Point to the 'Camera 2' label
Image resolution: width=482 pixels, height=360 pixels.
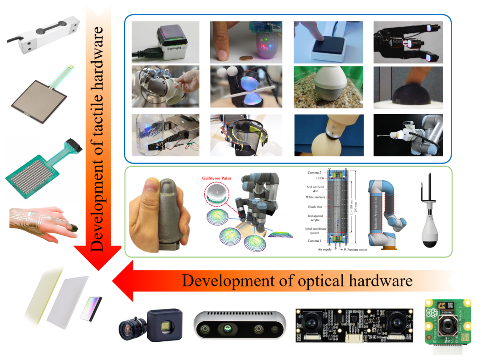pos(317,171)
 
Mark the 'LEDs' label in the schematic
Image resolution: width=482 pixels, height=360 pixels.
pos(320,177)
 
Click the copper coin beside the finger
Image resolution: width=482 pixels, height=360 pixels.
pos(244,58)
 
